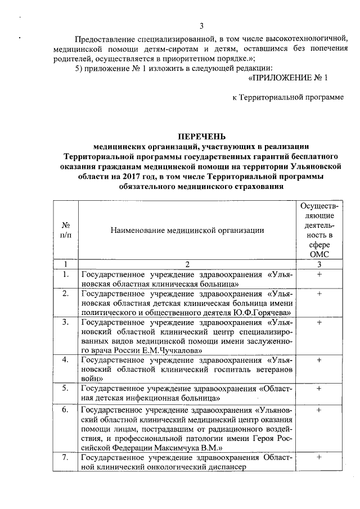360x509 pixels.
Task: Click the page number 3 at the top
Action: coord(201,26)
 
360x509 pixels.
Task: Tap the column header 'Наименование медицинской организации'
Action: coord(187,229)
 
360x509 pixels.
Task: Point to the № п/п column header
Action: coord(65,229)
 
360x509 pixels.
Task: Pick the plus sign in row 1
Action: coord(318,274)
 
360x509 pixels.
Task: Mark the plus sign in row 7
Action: coord(318,457)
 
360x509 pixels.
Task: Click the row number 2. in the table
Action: coord(66,294)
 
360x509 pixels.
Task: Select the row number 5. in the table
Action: coord(66,388)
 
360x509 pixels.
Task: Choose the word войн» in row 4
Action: coord(91,379)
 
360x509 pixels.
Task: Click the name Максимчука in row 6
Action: coord(177,448)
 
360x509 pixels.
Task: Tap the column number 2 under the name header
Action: coord(187,264)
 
